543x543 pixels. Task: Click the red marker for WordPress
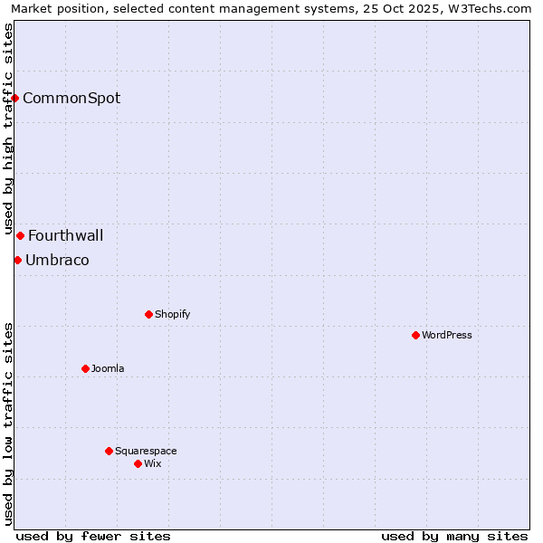click(415, 335)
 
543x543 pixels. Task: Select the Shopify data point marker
click(148, 314)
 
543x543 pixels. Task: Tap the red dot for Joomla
click(85, 368)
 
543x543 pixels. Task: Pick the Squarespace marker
click(109, 451)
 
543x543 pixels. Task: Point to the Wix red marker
click(138, 463)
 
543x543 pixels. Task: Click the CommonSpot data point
click(15, 98)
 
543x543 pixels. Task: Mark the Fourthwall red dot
click(20, 235)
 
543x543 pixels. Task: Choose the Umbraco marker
click(17, 260)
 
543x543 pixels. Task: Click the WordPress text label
click(447, 335)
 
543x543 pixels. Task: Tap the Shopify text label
click(172, 314)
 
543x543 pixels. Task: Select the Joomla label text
click(108, 368)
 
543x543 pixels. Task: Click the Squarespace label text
click(146, 451)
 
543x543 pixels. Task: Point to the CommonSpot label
click(71, 98)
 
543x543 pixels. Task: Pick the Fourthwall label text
click(66, 235)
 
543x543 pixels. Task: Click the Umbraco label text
click(57, 260)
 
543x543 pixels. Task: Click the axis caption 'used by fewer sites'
click(93, 536)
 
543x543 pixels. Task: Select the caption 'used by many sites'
click(454, 536)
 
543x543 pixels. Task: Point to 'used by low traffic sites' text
click(8, 423)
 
